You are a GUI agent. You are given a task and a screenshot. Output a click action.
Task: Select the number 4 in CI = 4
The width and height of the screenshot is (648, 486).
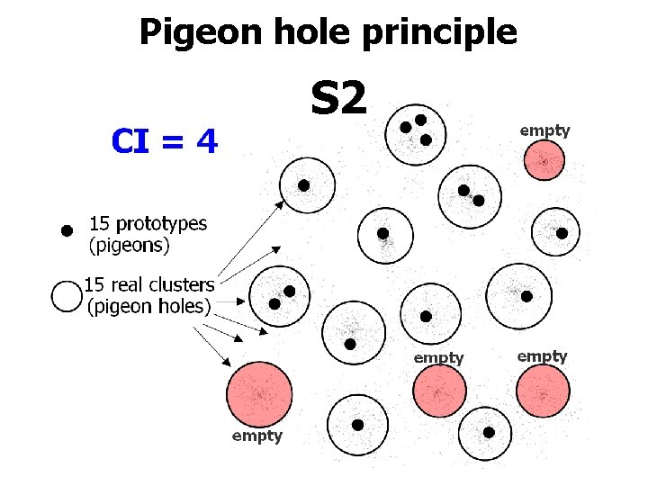(206, 141)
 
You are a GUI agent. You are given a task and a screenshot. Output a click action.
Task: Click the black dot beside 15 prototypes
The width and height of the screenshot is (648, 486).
(66, 231)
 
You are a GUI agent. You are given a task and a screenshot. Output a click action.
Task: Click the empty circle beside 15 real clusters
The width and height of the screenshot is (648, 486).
(67, 296)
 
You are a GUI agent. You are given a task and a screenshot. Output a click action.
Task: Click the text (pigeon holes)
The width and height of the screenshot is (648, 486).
(148, 306)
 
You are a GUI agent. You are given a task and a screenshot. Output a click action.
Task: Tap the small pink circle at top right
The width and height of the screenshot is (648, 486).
(544, 162)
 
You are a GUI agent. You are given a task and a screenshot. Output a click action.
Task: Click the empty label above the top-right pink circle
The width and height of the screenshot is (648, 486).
(544, 130)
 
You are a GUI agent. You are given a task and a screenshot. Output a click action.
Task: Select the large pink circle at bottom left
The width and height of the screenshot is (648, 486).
(259, 394)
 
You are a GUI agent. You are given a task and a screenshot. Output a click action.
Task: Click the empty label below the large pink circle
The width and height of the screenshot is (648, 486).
(256, 436)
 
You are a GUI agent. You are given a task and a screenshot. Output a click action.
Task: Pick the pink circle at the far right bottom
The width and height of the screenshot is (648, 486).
(543, 392)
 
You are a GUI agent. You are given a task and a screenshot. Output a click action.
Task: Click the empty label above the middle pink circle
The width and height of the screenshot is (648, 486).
(438, 358)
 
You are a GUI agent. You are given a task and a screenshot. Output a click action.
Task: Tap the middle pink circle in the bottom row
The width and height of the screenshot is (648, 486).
(439, 392)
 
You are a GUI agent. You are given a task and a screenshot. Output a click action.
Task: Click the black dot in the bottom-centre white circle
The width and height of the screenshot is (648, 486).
(357, 425)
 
